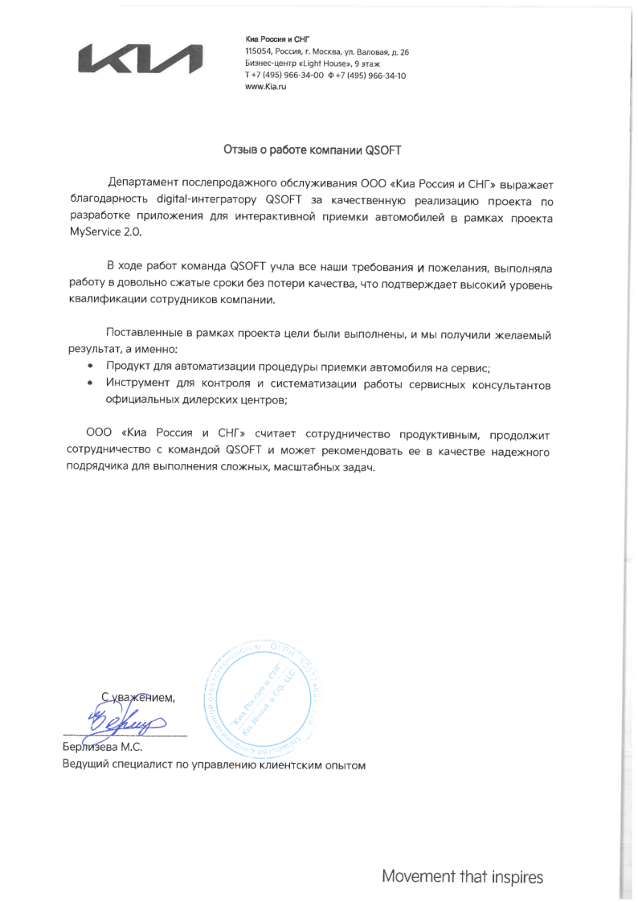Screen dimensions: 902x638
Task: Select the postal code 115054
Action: pyautogui.click(x=258, y=51)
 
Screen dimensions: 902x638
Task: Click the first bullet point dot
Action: pyautogui.click(x=90, y=367)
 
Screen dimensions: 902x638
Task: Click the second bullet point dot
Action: pyautogui.click(x=90, y=384)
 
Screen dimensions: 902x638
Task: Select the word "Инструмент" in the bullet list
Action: pyautogui.click(x=141, y=384)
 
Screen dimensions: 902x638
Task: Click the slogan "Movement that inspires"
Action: pyautogui.click(x=463, y=875)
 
